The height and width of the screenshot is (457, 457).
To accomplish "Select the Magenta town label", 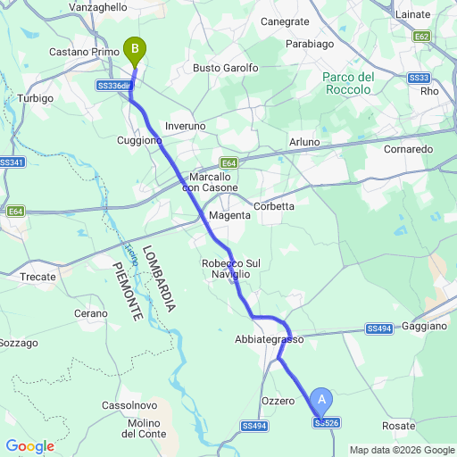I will (228, 216).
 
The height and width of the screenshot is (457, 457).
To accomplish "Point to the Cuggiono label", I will (140, 140).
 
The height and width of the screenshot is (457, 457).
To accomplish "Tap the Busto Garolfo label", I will (226, 68).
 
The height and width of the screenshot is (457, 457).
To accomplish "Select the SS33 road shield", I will (419, 79).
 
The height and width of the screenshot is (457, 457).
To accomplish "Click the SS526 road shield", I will (327, 422).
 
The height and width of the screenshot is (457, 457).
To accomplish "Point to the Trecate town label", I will (37, 277).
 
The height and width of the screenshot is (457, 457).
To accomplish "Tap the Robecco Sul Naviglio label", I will (230, 269).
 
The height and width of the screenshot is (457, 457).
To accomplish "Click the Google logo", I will (29, 445).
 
